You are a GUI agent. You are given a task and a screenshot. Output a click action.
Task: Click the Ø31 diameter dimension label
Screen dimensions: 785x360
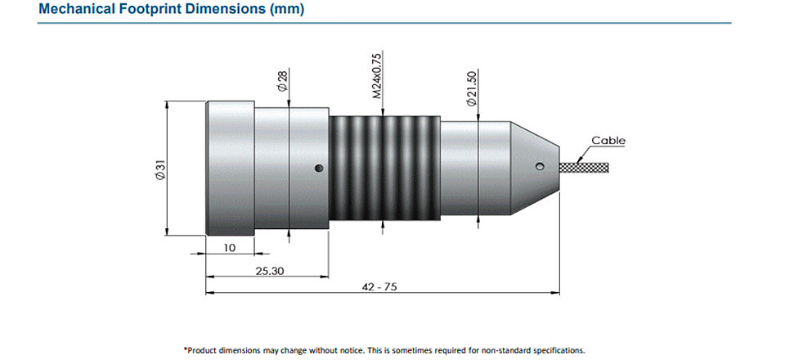point(160,169)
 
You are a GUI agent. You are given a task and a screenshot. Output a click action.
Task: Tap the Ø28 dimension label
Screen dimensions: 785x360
point(282,81)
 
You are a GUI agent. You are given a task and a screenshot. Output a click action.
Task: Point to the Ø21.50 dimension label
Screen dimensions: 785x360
point(471,88)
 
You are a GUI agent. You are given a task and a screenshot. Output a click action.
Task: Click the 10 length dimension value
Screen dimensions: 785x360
point(229,247)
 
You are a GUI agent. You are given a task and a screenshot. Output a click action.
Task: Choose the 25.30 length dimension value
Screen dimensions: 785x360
point(269,271)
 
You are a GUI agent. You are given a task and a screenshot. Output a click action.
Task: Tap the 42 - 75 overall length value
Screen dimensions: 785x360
point(379,287)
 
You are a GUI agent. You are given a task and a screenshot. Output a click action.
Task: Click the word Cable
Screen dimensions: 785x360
point(608,141)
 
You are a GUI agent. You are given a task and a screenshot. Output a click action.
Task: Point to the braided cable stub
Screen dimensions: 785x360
point(584,167)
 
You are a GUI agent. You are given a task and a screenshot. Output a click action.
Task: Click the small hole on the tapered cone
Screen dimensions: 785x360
point(539,166)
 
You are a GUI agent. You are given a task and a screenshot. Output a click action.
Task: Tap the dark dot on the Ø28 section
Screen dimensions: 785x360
point(319,169)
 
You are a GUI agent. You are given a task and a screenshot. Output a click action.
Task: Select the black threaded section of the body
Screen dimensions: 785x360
point(385,169)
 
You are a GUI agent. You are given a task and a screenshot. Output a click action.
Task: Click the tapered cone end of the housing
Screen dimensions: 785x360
point(534,168)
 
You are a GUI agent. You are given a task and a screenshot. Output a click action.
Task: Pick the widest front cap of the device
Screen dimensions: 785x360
point(231,169)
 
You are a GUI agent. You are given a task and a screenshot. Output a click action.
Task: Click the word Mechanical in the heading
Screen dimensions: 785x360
point(72,9)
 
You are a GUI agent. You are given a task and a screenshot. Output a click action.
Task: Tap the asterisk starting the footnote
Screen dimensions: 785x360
point(186,349)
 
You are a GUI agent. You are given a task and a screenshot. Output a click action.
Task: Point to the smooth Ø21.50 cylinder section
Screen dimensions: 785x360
point(475,169)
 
